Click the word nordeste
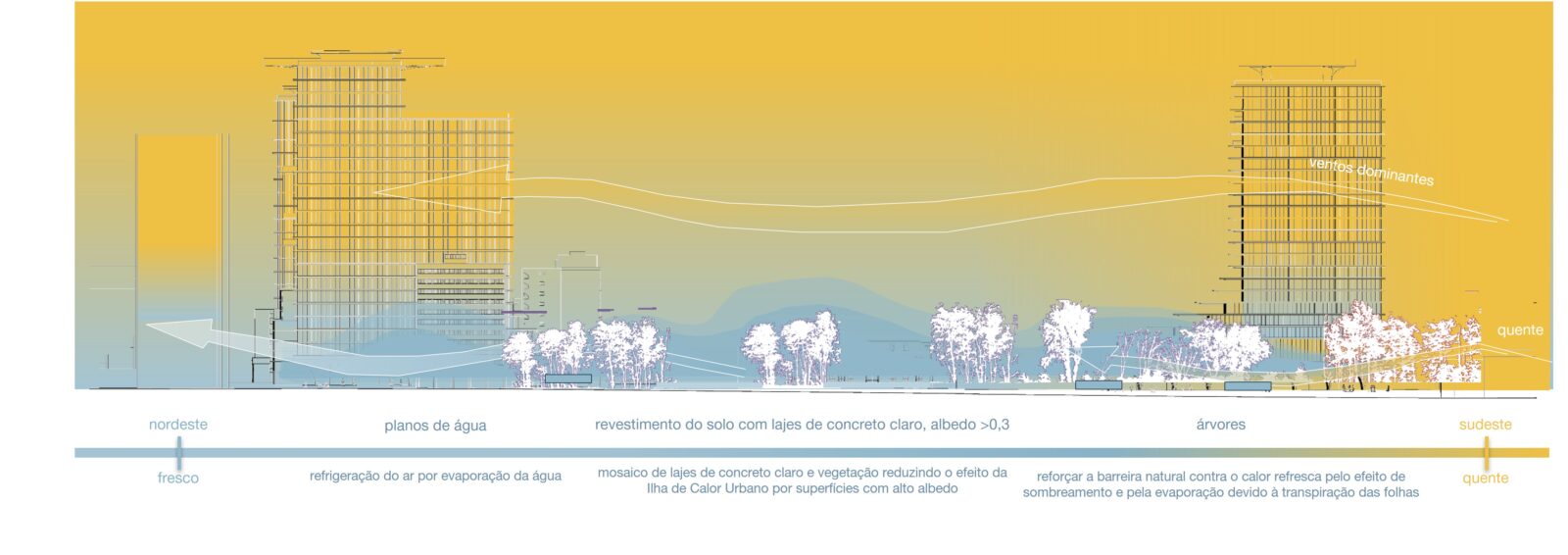coord(177,425)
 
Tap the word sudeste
coord(1486,425)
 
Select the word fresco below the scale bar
coord(177,478)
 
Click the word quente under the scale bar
coord(1485,479)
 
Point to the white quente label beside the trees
coord(1520,330)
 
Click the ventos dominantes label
coord(1371,172)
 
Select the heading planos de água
coord(435,426)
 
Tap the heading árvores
coord(1221,425)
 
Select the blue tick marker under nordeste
coord(179,453)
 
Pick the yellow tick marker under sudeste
coord(1486,453)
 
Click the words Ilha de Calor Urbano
coord(708,488)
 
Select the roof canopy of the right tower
coord(1306,74)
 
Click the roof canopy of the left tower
coord(354,60)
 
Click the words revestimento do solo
coord(646,425)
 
